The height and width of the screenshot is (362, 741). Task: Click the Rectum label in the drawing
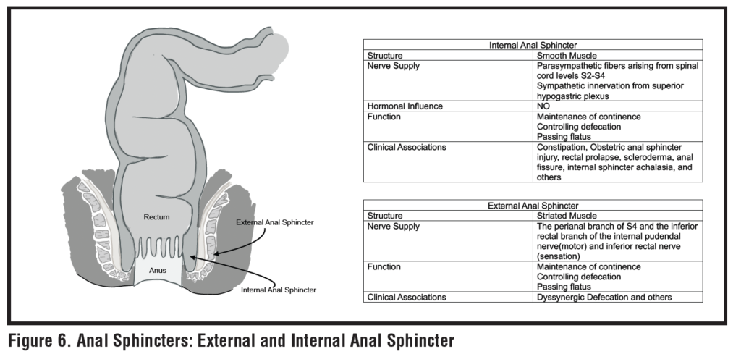point(157,216)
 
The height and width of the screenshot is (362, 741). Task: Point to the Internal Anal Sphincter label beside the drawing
point(279,290)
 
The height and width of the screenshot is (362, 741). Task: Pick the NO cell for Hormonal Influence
point(543,106)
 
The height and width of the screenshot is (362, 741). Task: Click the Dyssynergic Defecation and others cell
point(604,297)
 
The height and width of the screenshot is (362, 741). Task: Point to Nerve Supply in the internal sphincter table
point(394,65)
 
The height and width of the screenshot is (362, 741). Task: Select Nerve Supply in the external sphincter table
point(394,226)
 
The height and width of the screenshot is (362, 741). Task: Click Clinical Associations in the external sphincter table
point(407,297)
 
